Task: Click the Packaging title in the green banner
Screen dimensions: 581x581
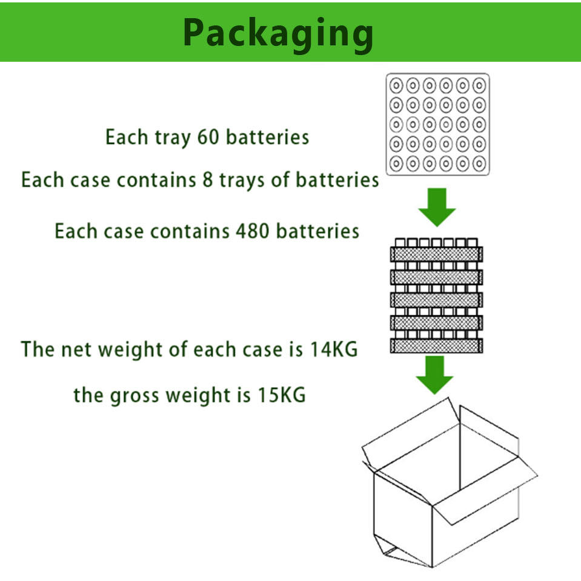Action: (278, 33)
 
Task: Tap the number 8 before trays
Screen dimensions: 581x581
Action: (208, 180)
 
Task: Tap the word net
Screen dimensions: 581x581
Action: (77, 350)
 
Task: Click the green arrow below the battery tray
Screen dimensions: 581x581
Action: (436, 206)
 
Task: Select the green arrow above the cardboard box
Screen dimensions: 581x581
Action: (434, 375)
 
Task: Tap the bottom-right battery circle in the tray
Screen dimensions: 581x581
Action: (479, 163)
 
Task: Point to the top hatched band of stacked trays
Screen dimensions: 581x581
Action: (436, 254)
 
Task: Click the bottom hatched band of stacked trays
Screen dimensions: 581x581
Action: (436, 346)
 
